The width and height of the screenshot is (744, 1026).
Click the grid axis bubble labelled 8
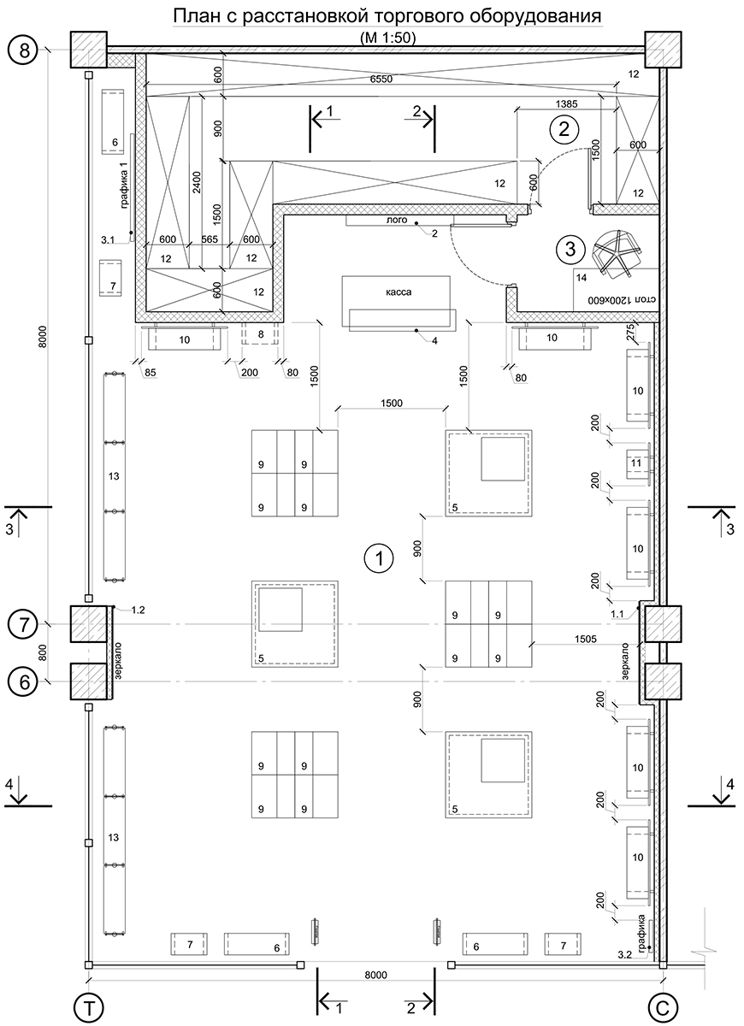(24, 50)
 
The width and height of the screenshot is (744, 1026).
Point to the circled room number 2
(564, 130)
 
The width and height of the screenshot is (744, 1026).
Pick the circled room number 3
(570, 250)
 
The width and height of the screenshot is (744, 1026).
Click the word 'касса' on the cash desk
(399, 292)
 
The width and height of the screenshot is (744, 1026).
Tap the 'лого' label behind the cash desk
(396, 221)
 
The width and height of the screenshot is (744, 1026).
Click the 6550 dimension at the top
(381, 79)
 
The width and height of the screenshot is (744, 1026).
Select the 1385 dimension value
(566, 103)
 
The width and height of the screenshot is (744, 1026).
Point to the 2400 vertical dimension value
(196, 186)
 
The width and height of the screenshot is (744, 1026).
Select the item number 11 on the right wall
(635, 463)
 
